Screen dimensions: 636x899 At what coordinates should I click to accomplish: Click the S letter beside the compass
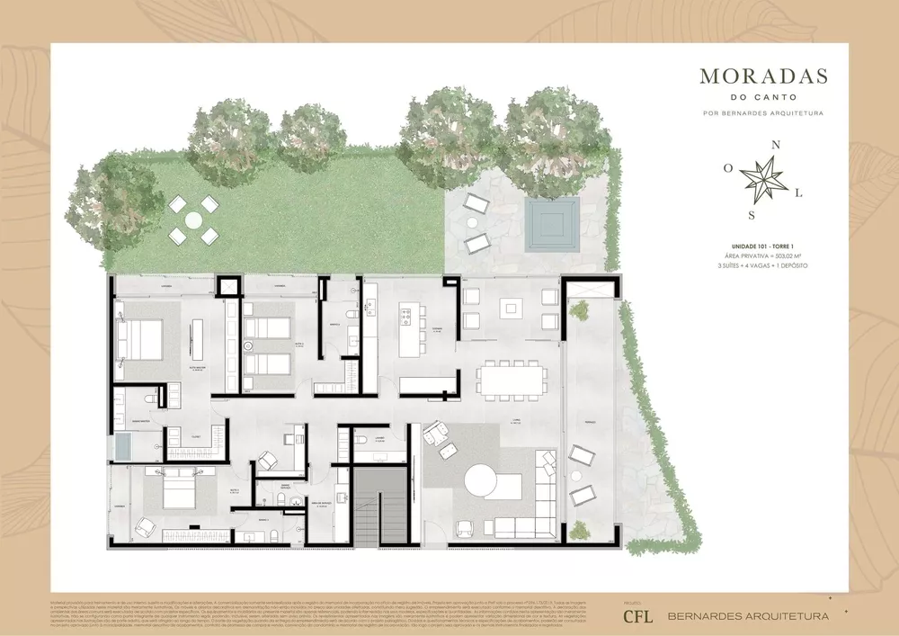[x=752, y=215]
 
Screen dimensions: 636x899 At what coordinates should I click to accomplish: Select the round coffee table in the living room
[x=486, y=482]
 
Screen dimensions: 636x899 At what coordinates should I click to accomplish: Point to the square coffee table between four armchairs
[x=511, y=309]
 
